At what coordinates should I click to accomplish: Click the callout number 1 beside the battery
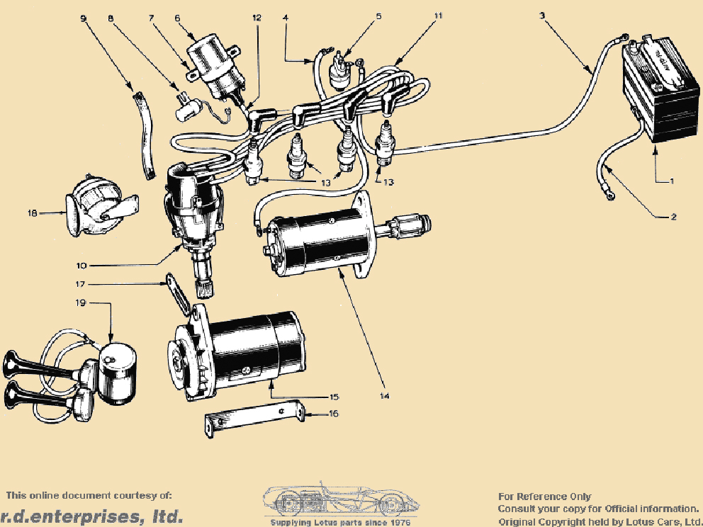click(x=673, y=181)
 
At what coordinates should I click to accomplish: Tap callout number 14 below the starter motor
click(x=385, y=396)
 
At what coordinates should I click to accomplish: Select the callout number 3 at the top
click(x=542, y=15)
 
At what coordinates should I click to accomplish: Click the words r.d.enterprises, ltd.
click(x=91, y=516)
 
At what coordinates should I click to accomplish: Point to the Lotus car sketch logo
click(x=340, y=501)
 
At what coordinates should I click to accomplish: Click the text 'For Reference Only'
click(x=544, y=497)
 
